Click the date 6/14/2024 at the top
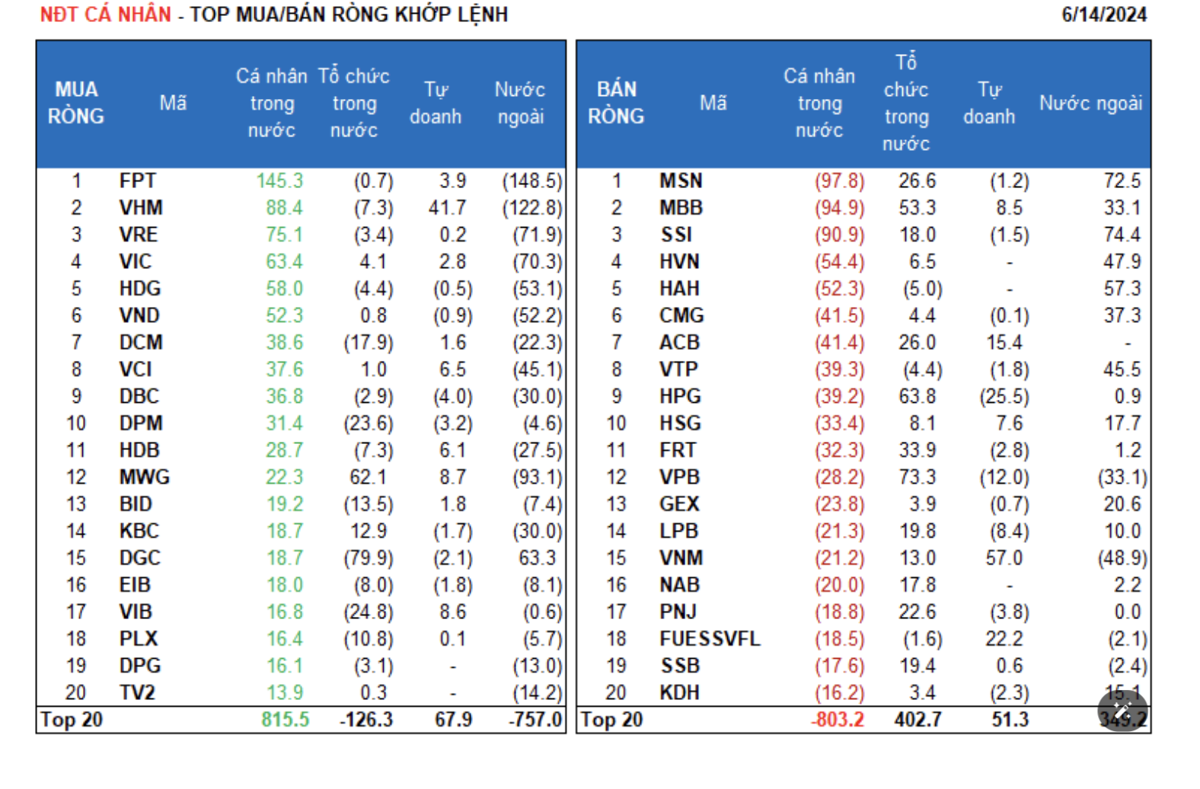(1103, 14)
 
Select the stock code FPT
(137, 181)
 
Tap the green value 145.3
(279, 181)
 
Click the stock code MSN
(681, 181)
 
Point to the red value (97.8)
(839, 181)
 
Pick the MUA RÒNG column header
(76, 103)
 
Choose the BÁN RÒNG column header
(616, 103)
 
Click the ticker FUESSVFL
(710, 639)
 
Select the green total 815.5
(285, 720)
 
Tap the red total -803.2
(837, 720)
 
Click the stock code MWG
(144, 478)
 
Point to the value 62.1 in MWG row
(368, 478)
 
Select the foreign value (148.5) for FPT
(531, 181)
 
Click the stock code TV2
(137, 693)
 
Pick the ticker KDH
(679, 693)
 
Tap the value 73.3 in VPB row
(917, 478)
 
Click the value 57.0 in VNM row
(1004, 558)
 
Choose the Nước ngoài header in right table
(1090, 103)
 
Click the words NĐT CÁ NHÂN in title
(105, 14)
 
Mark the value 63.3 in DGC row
(537, 558)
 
